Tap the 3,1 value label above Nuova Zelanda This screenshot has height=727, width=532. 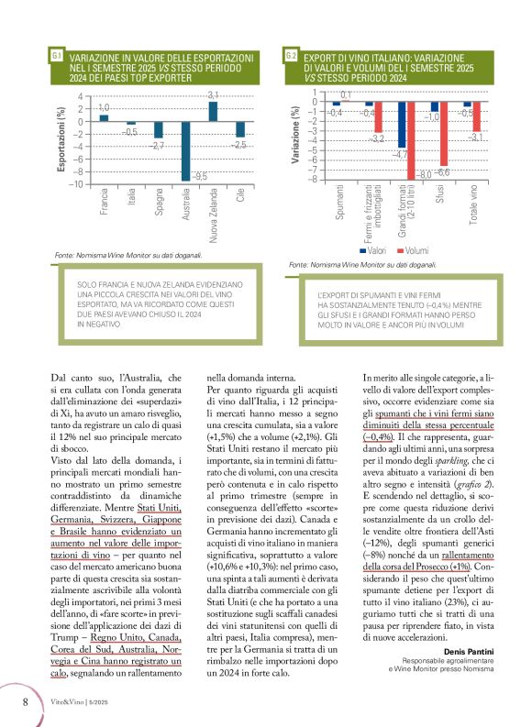click(x=213, y=95)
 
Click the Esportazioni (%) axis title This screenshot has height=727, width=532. click(x=61, y=139)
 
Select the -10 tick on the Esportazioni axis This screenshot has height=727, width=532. click(x=78, y=184)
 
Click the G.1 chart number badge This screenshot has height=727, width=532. click(x=57, y=57)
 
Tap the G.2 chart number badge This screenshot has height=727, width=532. click(x=290, y=57)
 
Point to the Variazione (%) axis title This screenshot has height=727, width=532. click(x=295, y=136)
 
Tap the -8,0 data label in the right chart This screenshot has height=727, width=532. click(x=424, y=174)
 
